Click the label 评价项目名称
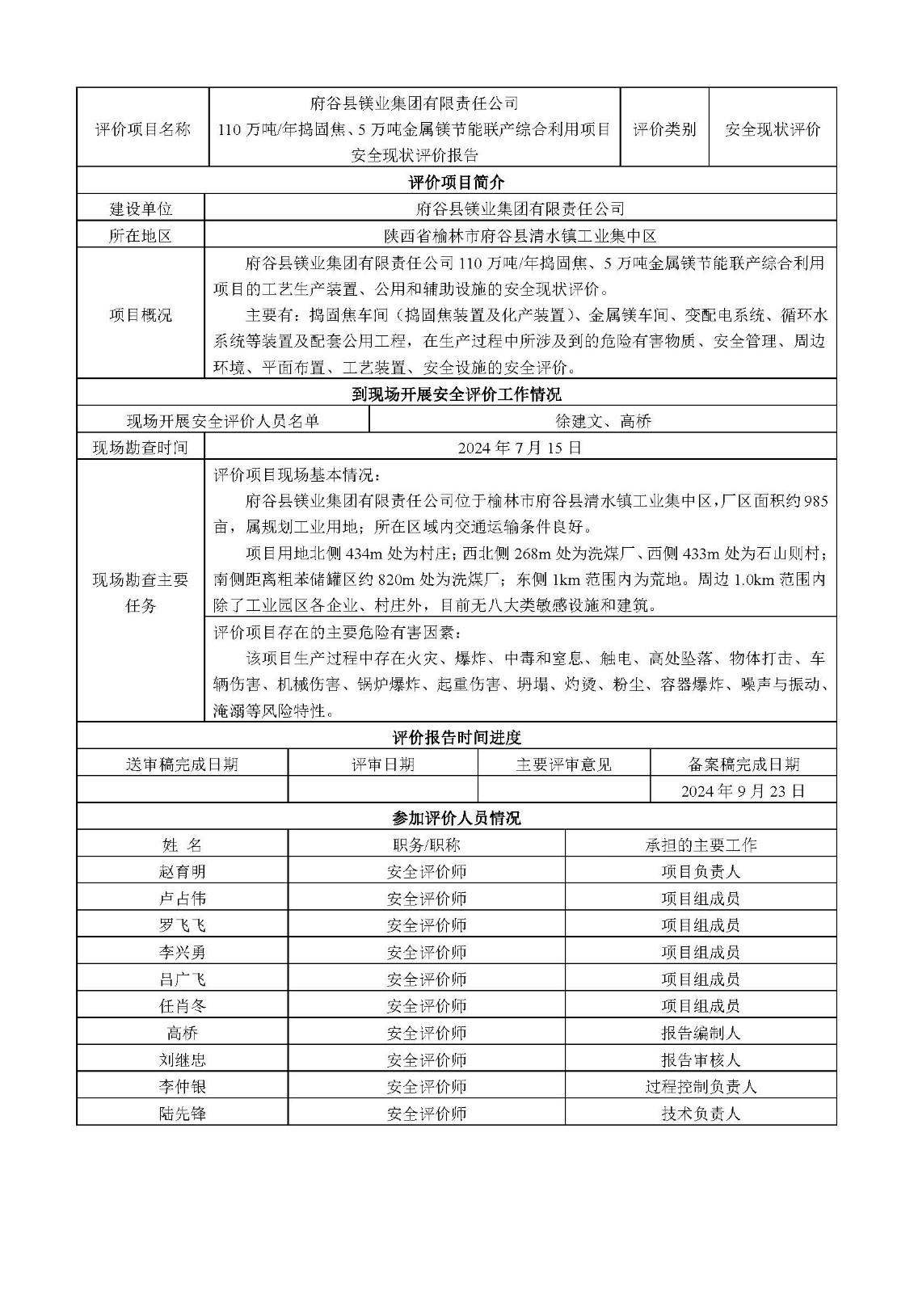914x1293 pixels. click(143, 129)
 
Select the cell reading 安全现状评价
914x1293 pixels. click(773, 129)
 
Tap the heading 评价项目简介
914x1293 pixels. click(457, 182)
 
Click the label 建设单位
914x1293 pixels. click(141, 208)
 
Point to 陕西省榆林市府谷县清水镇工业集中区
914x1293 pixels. click(520, 236)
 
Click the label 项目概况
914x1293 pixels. click(141, 315)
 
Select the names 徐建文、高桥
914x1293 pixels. click(603, 421)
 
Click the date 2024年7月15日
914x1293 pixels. click(520, 447)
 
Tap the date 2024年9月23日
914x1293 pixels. click(743, 790)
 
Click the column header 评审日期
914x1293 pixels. click(383, 764)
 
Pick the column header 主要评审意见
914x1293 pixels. click(563, 764)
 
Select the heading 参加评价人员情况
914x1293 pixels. click(457, 818)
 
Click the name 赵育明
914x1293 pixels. click(183, 872)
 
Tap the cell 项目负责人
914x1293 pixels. click(700, 872)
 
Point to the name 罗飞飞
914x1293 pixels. click(183, 925)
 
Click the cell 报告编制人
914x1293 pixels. click(700, 1033)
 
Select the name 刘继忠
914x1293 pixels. click(183, 1059)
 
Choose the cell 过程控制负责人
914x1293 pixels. click(700, 1087)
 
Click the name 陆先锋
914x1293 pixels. click(183, 1114)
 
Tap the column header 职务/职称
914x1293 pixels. click(427, 845)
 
